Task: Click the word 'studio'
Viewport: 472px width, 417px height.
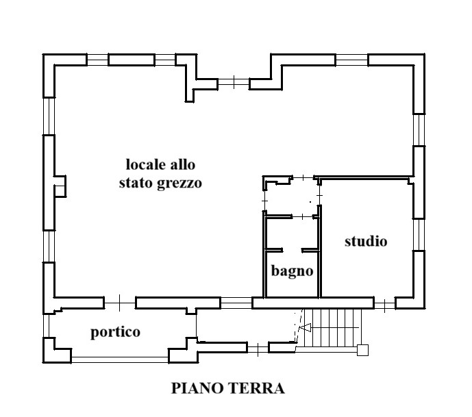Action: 366,241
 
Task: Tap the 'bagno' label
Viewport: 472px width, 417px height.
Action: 293,270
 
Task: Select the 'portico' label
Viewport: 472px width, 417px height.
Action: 116,332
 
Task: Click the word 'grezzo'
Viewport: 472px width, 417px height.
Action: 179,184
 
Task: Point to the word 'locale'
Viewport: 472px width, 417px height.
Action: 146,164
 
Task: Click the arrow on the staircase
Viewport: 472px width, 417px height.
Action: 306,327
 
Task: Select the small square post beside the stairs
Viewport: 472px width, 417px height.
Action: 362,350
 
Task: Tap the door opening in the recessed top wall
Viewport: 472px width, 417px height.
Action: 234,82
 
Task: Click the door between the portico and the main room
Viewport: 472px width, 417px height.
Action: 120,303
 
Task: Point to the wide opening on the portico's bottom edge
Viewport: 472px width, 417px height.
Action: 120,359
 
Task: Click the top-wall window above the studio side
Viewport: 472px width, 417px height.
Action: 351,60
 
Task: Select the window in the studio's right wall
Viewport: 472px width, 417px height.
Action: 419,234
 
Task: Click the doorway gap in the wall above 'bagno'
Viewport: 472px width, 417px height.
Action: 292,251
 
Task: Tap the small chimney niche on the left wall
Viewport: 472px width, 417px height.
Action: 60,186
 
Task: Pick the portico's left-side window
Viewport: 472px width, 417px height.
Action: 47,326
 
